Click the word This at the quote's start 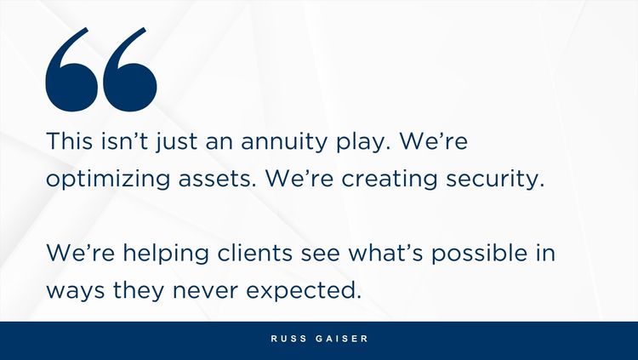click(70, 141)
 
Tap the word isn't click(125, 141)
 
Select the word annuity click(284, 143)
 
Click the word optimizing click(108, 180)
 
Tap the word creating click(389, 180)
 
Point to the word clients click(254, 253)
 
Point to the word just click(176, 142)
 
